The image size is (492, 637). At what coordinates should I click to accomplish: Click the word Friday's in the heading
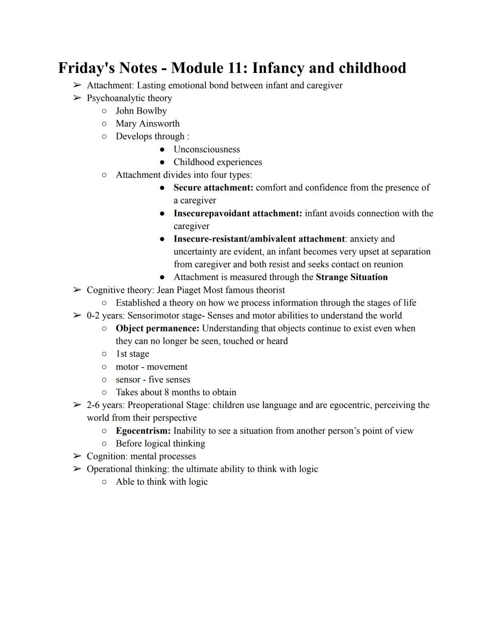(85, 68)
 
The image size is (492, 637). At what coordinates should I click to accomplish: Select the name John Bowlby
(141, 111)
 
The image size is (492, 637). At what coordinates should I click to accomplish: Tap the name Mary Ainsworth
(148, 124)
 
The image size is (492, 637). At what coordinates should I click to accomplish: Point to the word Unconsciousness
(206, 150)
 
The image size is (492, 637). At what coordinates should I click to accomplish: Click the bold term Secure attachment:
(213, 188)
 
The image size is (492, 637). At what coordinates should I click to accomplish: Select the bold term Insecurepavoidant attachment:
(237, 213)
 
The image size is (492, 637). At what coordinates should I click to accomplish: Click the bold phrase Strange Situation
(351, 277)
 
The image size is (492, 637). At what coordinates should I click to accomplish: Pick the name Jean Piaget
(179, 290)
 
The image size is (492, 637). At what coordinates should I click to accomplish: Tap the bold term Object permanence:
(157, 328)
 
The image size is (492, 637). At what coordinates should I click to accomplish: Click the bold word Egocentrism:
(143, 431)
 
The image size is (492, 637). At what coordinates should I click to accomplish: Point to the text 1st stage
(132, 354)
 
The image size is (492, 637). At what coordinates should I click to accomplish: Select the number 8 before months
(167, 393)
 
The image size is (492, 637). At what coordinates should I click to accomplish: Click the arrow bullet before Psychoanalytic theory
(77, 98)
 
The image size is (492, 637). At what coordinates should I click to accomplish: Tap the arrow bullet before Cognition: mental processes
(77, 456)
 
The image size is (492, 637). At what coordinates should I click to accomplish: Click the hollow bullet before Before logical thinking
(104, 444)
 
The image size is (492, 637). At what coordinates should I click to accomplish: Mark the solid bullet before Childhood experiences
(162, 162)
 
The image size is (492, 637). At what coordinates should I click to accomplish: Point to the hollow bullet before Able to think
(104, 482)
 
